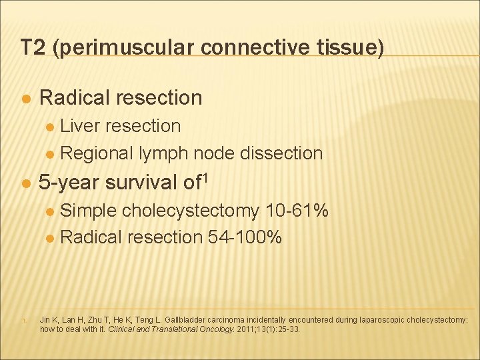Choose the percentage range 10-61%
297,211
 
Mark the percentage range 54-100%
245,237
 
